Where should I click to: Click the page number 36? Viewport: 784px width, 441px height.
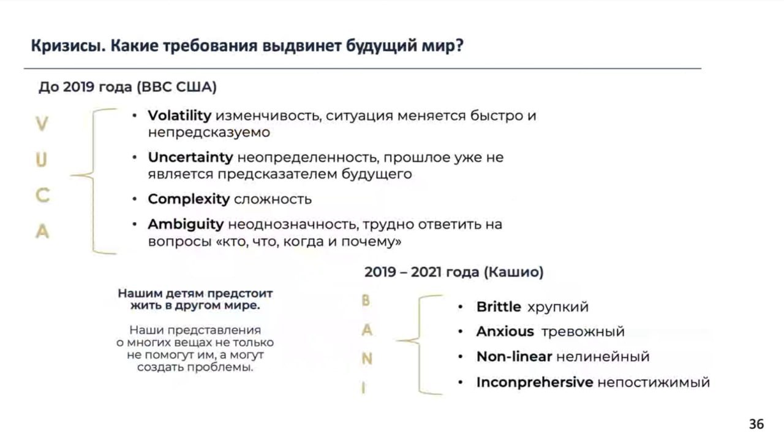point(756,424)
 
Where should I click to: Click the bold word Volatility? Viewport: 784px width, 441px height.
point(179,116)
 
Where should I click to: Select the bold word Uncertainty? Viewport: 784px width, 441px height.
point(190,158)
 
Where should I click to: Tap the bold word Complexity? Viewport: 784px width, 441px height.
point(189,199)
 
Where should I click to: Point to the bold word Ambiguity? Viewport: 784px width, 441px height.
point(186,224)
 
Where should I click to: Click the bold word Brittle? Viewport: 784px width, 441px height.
point(499,307)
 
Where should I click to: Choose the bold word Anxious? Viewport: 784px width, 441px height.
point(505,331)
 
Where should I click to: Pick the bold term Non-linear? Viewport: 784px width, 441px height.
point(514,356)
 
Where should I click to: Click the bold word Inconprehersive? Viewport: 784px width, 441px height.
point(535,382)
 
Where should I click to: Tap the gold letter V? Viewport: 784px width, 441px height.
point(42,124)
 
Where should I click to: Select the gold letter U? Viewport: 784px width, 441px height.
point(41,160)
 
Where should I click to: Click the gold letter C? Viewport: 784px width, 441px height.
point(43,196)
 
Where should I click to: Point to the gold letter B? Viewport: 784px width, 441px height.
point(366,301)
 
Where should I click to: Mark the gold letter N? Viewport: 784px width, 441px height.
point(367,359)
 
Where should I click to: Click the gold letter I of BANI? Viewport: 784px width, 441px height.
point(364,388)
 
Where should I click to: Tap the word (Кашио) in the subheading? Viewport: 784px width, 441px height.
point(513,272)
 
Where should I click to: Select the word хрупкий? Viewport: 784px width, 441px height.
point(558,307)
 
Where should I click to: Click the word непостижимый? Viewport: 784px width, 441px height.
point(654,382)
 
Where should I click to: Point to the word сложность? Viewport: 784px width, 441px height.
point(273,199)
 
